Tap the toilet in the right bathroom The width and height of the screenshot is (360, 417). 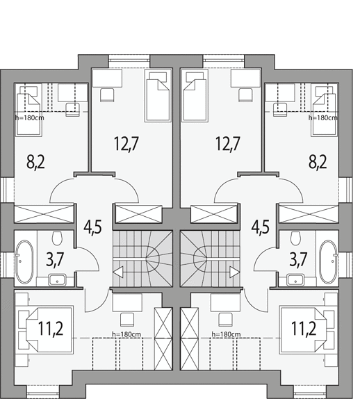[295, 238]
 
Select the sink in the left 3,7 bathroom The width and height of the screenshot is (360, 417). [57, 280]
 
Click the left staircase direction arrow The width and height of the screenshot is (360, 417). [118, 272]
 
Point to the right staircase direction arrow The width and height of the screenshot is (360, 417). [235, 272]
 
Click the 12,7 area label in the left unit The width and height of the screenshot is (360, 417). [126, 144]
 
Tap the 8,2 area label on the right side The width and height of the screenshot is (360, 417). [318, 161]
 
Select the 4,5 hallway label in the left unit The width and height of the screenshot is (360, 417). [93, 227]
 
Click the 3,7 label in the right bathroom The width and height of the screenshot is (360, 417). [298, 259]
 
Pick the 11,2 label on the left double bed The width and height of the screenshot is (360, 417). [51, 329]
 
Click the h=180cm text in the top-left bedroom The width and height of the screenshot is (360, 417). [30, 117]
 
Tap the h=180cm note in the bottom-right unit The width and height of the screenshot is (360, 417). [227, 334]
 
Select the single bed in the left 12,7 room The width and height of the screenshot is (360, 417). [157, 97]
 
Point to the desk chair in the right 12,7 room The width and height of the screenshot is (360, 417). [245, 95]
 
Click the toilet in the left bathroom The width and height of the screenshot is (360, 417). [57, 238]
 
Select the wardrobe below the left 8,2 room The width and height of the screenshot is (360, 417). [44, 213]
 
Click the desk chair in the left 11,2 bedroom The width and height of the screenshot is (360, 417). [126, 320]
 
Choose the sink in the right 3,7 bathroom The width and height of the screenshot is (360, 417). [295, 280]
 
